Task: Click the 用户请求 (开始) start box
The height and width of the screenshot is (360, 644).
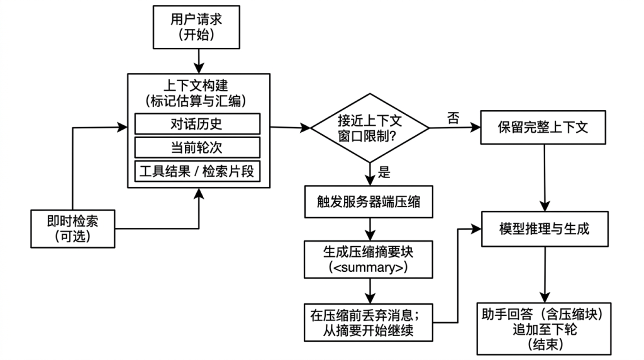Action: pos(196,27)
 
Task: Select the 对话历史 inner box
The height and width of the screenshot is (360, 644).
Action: pos(197,124)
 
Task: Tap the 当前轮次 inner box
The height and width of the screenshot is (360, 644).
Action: pos(197,147)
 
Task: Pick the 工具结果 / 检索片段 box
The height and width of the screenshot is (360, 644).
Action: pos(197,171)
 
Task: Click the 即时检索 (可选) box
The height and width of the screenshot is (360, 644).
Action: pos(73,229)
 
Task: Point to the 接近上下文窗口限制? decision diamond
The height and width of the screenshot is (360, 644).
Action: pos(370,128)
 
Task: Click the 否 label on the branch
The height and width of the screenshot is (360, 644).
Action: pos(453,118)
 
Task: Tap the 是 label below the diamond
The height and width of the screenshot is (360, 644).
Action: pos(384,172)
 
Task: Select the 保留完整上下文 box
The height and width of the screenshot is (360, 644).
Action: pos(543,127)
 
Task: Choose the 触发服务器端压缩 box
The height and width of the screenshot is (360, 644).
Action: pos(369,202)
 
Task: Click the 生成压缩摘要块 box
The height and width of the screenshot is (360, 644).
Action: pos(369,260)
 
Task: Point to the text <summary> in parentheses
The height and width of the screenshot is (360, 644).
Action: pos(369,267)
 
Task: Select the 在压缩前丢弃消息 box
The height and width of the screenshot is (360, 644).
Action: pos(369,323)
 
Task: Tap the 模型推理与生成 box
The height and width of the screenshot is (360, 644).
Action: pos(545,229)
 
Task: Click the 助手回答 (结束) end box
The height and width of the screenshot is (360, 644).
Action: pos(544,329)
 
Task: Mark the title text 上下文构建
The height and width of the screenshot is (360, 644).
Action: pos(196,86)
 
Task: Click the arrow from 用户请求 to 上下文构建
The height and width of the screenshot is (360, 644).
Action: pos(199,61)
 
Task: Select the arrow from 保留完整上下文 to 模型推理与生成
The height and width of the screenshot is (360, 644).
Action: pos(545,178)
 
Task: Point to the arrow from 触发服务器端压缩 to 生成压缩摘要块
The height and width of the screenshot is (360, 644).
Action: pos(370,229)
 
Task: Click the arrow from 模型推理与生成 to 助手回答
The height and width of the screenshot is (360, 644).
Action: pos(545,275)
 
